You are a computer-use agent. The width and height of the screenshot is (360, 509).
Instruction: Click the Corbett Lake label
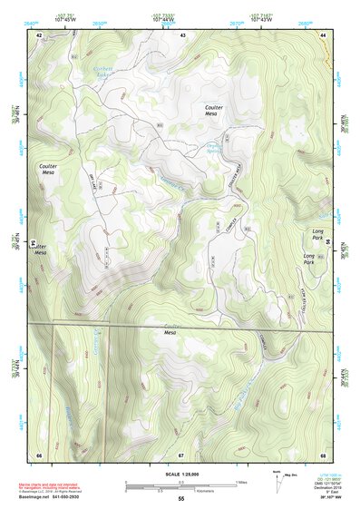107,74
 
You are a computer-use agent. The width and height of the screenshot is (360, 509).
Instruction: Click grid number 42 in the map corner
39,35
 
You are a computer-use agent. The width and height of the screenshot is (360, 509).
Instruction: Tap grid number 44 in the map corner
323,35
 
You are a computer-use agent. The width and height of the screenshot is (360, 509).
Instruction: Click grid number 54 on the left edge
33,244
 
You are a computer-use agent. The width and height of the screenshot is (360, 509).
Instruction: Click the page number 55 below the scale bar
180,499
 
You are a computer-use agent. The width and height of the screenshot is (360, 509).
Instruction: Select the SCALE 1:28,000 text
180,473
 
